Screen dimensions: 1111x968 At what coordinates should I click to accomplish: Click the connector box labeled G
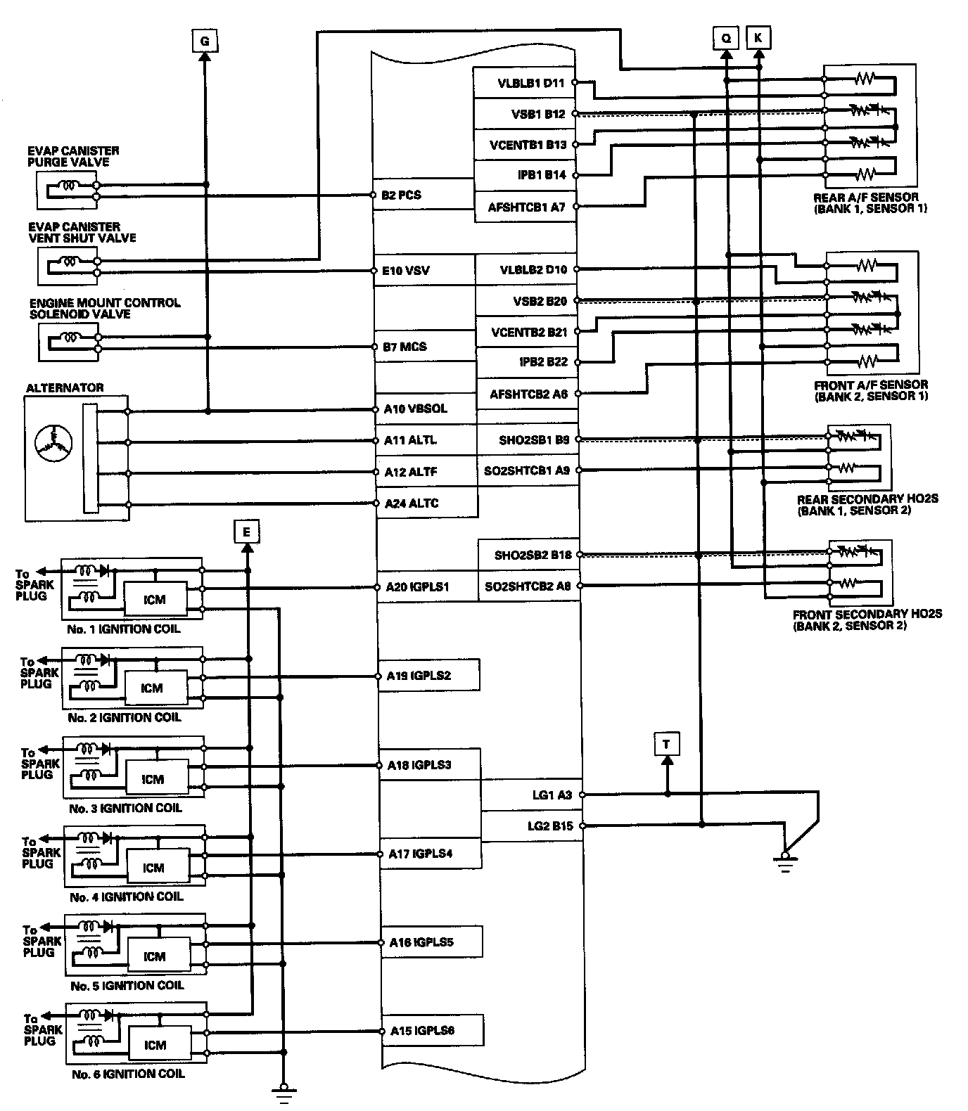pos(205,41)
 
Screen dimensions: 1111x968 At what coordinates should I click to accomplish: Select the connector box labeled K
pos(758,37)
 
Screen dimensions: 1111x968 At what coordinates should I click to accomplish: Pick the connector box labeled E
pos(246,532)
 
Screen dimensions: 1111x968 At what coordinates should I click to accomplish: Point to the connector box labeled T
pos(667,743)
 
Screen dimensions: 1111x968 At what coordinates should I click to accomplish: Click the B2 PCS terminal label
pos(401,195)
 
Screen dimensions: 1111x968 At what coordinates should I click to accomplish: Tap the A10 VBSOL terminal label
pos(415,409)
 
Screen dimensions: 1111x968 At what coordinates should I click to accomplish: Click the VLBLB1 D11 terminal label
pos(531,83)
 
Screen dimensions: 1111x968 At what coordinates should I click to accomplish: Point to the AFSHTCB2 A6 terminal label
pos(528,394)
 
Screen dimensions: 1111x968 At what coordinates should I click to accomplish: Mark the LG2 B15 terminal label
pos(550,826)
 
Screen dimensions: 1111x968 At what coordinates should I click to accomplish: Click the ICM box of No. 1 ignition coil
pos(154,600)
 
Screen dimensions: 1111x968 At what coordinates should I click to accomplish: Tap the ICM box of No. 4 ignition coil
pos(153,868)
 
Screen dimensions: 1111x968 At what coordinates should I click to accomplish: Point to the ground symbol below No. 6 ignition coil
pos(284,1091)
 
